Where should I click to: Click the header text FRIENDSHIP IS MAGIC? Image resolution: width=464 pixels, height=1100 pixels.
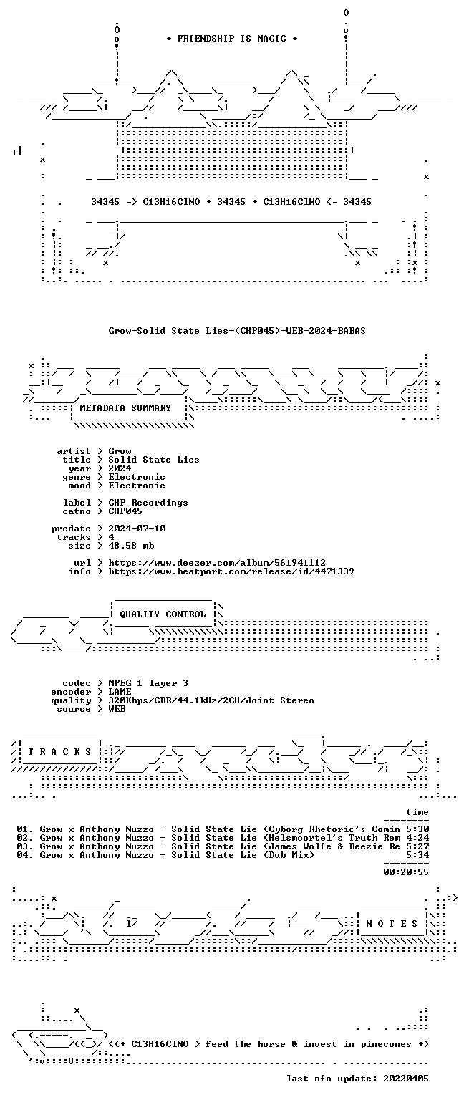coord(232,38)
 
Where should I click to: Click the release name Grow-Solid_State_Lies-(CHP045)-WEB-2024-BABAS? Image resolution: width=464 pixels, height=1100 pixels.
coord(237,331)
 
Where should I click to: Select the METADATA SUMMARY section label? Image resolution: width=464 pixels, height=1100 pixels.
coord(125,408)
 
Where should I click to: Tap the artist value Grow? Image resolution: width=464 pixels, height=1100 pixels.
coord(120,451)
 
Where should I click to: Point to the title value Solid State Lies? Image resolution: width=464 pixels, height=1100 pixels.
coord(154,460)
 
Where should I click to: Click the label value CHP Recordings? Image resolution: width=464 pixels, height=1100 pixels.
coord(148,503)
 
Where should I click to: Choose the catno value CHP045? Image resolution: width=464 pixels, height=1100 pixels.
coord(125,511)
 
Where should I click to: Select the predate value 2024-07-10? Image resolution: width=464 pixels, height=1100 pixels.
coord(137,529)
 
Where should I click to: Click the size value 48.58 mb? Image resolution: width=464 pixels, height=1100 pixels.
coord(131,546)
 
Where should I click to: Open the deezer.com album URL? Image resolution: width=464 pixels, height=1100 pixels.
coord(217,563)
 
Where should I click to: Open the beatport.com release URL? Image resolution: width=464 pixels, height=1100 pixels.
coord(231,571)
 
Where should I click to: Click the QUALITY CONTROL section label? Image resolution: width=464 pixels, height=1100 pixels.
coord(163,614)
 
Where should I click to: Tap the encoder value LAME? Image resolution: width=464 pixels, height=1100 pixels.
coord(120,692)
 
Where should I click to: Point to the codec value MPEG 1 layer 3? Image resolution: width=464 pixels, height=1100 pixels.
coord(148,683)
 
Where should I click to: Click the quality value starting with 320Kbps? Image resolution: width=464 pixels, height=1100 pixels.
coord(211,700)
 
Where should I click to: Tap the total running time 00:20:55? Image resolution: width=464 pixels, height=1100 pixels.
coord(406,872)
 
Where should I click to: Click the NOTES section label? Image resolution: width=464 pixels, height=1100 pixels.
coord(392,924)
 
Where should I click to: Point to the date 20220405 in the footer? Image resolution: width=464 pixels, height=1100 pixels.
coord(406,1079)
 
